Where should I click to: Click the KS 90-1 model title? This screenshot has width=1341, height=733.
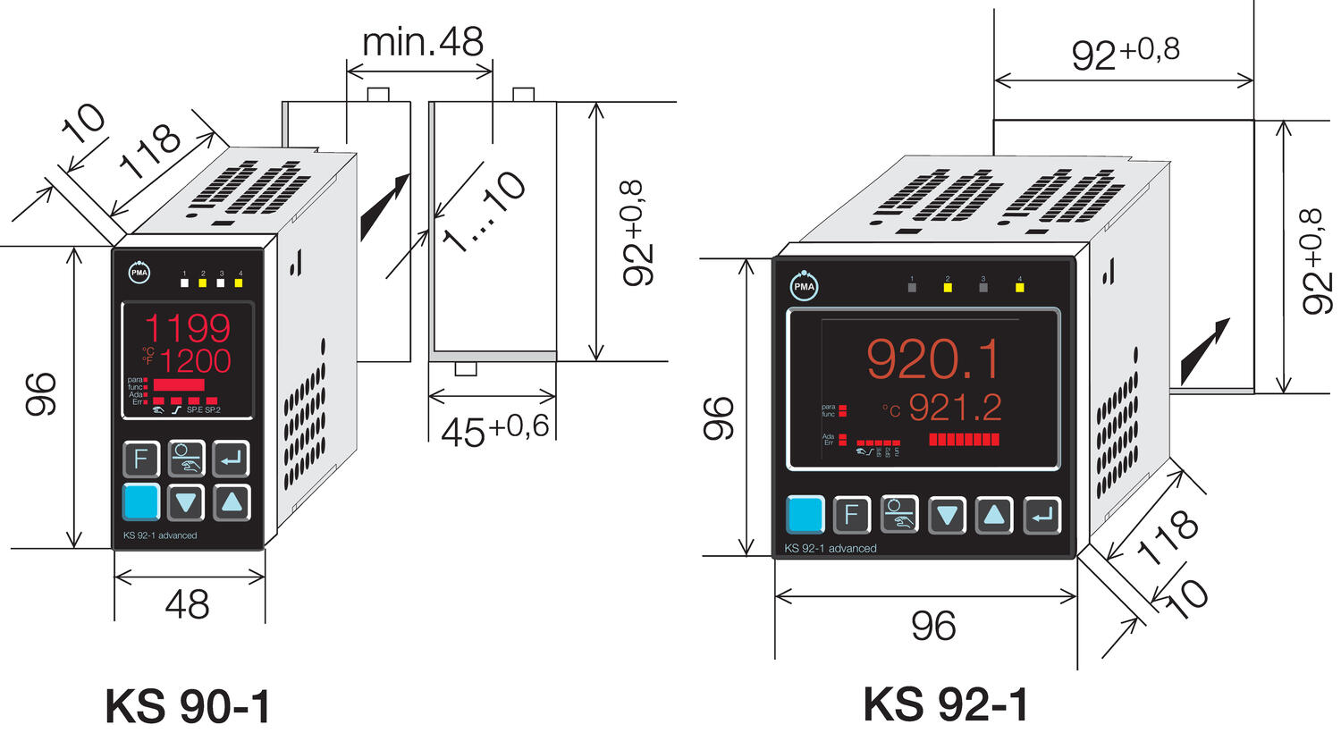click(187, 706)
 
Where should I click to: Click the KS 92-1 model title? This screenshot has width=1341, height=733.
click(945, 704)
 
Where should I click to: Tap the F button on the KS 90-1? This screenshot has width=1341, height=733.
click(140, 459)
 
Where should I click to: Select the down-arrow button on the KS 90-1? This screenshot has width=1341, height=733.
click(186, 502)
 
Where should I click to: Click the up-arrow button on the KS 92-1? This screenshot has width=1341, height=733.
click(994, 515)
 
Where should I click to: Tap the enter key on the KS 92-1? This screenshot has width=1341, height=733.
click(1042, 515)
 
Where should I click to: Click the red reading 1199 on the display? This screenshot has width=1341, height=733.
click(188, 328)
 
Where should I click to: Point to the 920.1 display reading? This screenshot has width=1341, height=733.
click(933, 358)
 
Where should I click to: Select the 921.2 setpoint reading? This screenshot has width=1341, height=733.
click(955, 408)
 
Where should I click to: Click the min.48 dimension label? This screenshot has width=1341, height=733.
click(422, 42)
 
